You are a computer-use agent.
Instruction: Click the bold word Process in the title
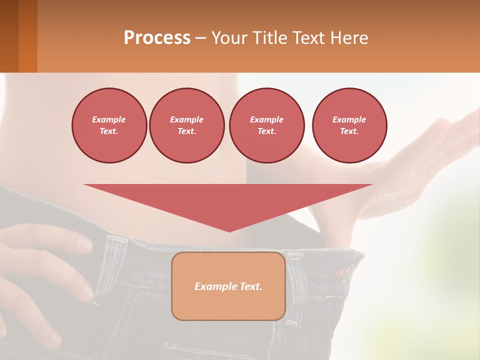(x=157, y=37)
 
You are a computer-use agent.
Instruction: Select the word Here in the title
(x=347, y=37)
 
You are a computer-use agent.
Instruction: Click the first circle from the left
(x=109, y=125)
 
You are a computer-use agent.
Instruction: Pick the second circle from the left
(x=187, y=125)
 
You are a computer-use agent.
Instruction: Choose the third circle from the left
(x=267, y=125)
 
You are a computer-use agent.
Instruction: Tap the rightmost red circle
(x=349, y=125)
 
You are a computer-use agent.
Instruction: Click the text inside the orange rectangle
(x=228, y=286)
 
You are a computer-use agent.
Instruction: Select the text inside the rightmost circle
(x=349, y=125)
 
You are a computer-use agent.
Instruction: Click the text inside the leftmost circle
(x=109, y=125)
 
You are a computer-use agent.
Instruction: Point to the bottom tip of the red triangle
(x=229, y=230)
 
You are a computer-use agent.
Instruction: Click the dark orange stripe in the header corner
(x=28, y=36)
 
